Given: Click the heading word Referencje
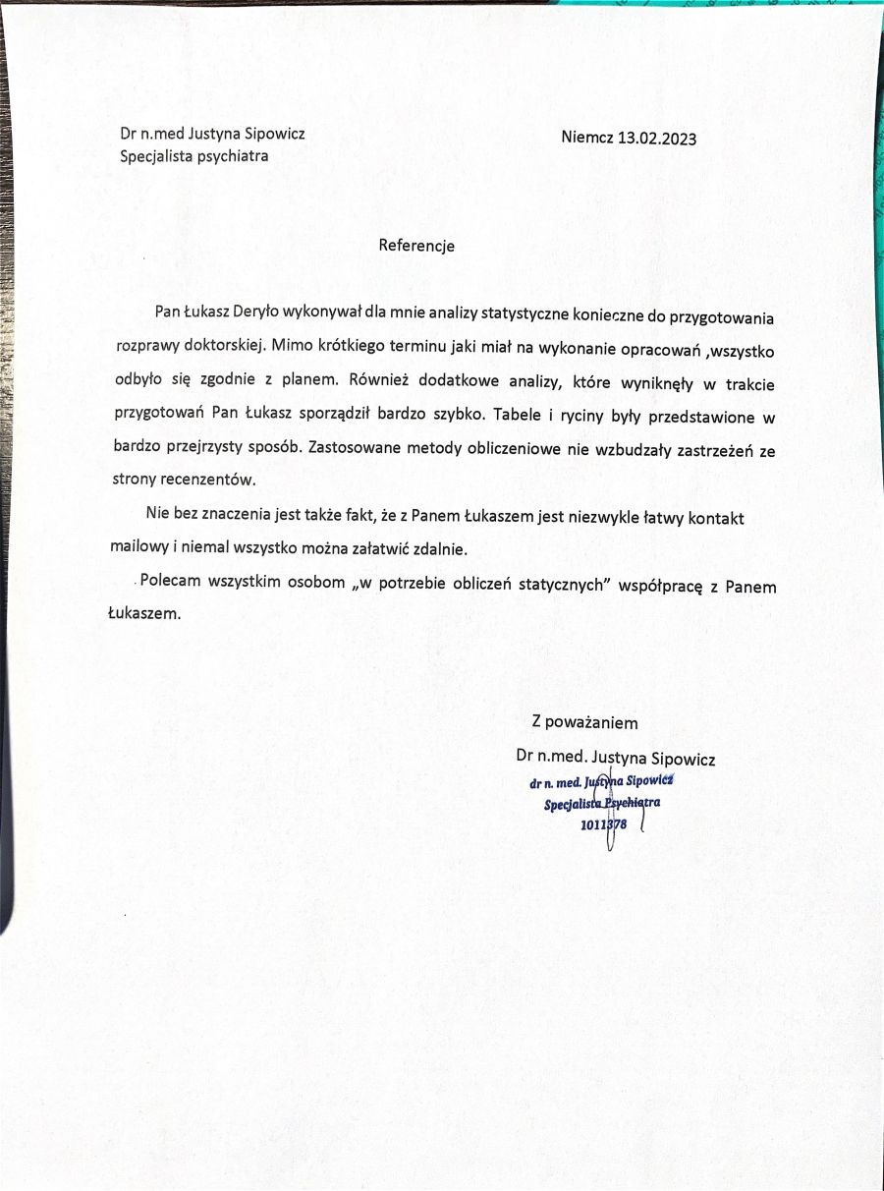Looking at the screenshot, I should pyautogui.click(x=416, y=246).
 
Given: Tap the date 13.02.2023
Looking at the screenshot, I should pyautogui.click(x=657, y=138).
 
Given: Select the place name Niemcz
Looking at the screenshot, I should pyautogui.click(x=587, y=138).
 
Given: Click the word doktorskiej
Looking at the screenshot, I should pyautogui.click(x=223, y=346).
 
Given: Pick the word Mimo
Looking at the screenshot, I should pyautogui.click(x=289, y=346).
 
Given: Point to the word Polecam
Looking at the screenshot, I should pyautogui.click(x=171, y=582).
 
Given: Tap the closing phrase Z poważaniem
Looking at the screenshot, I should pyautogui.click(x=584, y=723).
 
